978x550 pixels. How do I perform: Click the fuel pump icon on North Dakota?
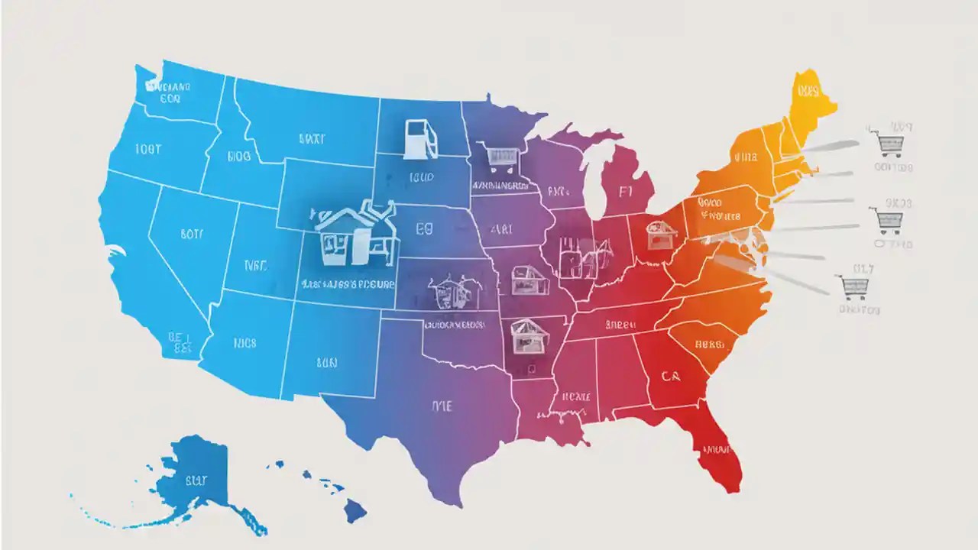419,138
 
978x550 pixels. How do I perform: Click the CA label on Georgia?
671,376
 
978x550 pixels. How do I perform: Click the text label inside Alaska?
196,480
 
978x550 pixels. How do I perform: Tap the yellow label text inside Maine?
807,92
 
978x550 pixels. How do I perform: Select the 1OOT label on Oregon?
147,149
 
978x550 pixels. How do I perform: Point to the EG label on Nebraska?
425,228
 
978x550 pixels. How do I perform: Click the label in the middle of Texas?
442,406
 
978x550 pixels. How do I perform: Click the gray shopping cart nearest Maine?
886,143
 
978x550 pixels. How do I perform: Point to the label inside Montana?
311,139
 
